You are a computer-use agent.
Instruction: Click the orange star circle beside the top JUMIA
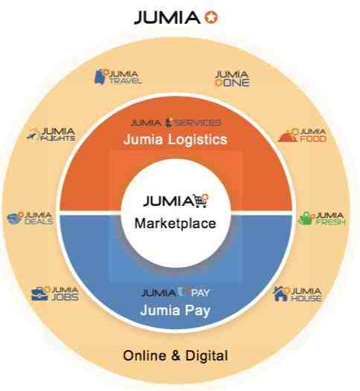[x=211, y=17]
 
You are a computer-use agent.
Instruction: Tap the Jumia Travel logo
[x=118, y=77]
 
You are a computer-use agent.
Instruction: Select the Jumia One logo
[x=232, y=79]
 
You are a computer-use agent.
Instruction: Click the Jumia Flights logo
[x=51, y=135]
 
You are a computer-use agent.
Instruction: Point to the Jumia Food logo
[x=302, y=135]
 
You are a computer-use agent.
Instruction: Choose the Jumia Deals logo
[x=30, y=219]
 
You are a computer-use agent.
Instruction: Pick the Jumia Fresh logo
[x=321, y=219]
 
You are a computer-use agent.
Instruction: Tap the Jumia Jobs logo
[x=54, y=294]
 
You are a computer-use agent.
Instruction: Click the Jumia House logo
[x=298, y=294]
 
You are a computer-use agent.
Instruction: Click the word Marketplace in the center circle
[x=175, y=223]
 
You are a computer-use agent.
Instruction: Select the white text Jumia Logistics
[x=175, y=139]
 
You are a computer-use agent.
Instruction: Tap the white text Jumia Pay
[x=175, y=311]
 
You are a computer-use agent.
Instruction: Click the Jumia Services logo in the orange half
[x=176, y=123]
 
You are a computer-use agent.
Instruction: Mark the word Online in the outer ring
[x=144, y=355]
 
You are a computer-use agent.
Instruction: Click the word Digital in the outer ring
[x=207, y=355]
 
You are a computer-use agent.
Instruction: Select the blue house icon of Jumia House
[x=281, y=294]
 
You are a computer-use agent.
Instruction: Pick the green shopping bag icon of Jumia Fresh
[x=306, y=219]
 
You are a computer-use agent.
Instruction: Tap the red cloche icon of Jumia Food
[x=288, y=136]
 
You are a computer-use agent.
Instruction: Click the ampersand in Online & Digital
[x=176, y=355]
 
